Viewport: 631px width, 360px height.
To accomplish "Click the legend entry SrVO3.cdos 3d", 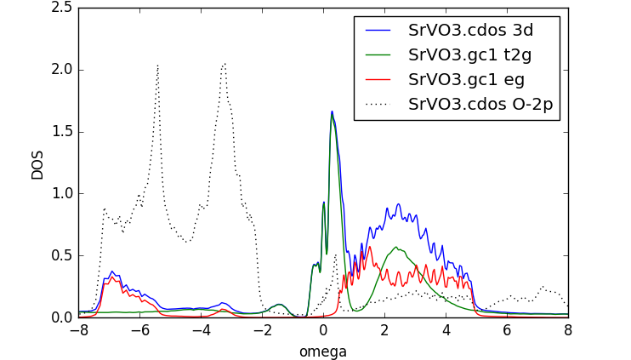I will coord(470,31).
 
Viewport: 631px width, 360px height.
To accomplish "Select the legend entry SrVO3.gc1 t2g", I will coord(470,55).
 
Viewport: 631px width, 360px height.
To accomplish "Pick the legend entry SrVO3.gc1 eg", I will coord(466,80).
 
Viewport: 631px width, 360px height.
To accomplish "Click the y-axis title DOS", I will coord(37,163).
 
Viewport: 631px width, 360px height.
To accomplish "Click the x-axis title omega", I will coord(322,351).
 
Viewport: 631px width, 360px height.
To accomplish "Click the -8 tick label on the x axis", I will coord(78,330).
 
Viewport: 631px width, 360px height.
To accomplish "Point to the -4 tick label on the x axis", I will coord(201,330).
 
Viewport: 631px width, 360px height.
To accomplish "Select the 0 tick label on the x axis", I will coord(323,330).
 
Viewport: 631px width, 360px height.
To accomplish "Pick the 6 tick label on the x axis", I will coord(507,330).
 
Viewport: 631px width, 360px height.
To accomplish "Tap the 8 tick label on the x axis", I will coord(568,330).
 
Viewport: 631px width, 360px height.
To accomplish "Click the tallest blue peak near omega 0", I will coord(332,111).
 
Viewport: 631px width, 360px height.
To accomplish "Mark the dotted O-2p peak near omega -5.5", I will coord(157,65).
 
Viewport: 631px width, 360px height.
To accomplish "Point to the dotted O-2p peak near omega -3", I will coord(224,63).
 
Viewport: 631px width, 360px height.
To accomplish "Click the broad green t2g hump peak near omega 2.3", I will coord(395,247).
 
